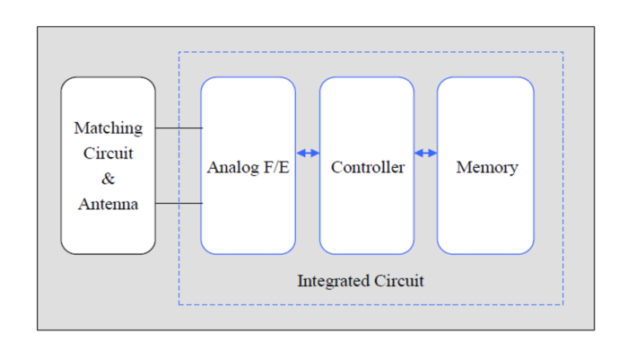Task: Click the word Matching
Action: pos(108,128)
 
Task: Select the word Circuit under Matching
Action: pos(108,154)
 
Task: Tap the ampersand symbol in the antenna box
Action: pos(108,179)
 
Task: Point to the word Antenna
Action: pos(108,205)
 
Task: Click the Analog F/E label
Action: pos(248,168)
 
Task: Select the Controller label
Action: pos(367,168)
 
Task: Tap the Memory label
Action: pos(486,168)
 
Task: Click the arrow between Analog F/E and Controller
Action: pos(308,154)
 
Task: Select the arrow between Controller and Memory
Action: pos(425,154)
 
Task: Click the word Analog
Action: pos(230,168)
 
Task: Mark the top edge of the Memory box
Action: pos(485,77)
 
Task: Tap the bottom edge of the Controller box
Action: pos(367,254)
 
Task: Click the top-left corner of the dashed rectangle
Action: pos(179,52)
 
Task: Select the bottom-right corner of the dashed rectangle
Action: pos(563,304)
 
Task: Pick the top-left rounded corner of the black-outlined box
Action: pos(65,82)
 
